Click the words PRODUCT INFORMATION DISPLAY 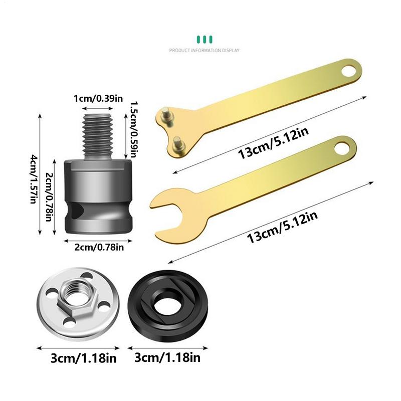click(x=204, y=51)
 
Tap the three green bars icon click(x=204, y=39)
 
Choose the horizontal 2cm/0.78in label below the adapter click(x=98, y=246)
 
